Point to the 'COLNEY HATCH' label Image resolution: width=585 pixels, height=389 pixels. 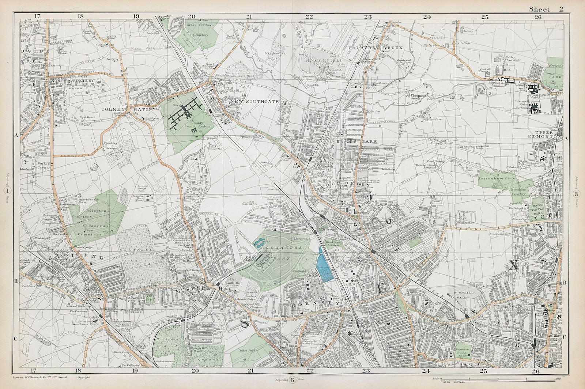[x=125, y=109]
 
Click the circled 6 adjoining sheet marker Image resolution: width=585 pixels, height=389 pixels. [x=292, y=380]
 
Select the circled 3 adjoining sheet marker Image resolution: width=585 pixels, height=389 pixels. [x=576, y=194]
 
